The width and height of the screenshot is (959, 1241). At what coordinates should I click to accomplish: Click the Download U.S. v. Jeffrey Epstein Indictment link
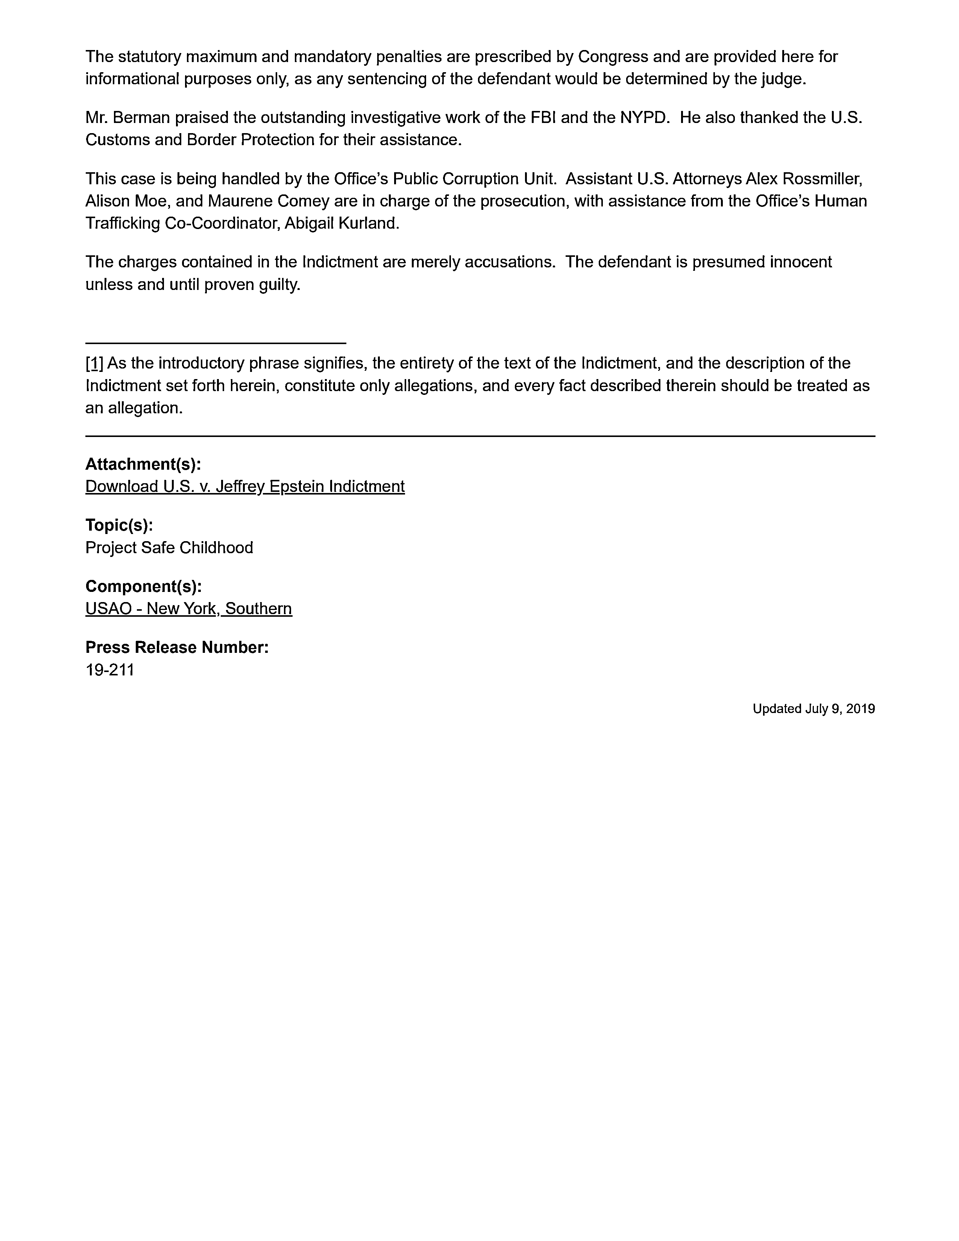(245, 486)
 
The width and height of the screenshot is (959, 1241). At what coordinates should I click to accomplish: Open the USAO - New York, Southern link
(189, 608)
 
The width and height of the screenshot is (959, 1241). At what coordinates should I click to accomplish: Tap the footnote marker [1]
(94, 363)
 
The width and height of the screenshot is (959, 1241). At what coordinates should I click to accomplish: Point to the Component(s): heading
(144, 586)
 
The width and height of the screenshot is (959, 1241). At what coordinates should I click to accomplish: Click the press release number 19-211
(110, 670)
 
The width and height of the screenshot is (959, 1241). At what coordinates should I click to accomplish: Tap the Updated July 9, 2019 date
(813, 708)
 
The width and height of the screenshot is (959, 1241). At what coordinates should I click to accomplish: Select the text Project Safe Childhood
(169, 548)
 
